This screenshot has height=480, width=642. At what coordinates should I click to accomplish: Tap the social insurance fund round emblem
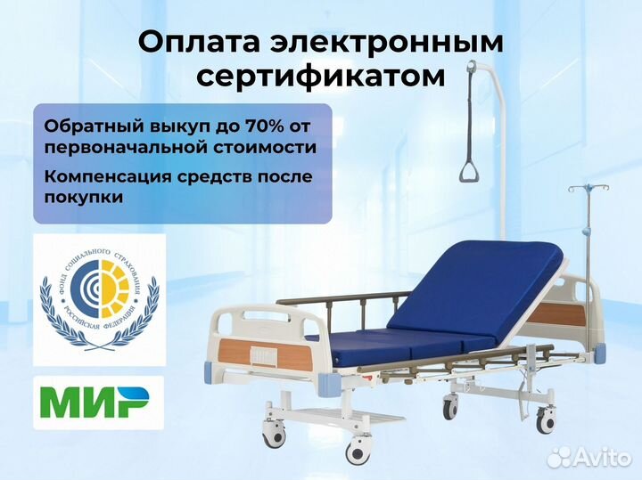(98, 299)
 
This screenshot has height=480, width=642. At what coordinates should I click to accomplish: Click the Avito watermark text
(600, 458)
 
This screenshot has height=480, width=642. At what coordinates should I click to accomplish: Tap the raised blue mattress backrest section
(499, 275)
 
